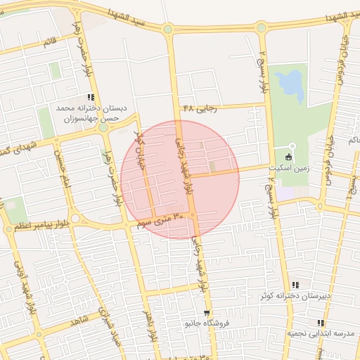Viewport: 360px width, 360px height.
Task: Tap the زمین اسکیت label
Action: pos(288,169)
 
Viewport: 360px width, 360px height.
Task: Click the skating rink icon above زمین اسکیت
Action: pos(288,157)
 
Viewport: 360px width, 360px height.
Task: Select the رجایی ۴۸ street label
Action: pos(198,108)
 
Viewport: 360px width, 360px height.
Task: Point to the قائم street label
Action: pos(49,42)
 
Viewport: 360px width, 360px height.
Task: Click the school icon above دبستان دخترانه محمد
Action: pos(91,97)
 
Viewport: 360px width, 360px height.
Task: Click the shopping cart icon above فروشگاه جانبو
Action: pos(206,313)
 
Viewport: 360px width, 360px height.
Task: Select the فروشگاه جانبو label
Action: pos(207,325)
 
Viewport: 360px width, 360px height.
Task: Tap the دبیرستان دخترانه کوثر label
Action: pos(295,296)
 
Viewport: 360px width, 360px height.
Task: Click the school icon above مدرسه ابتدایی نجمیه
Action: pos(321,322)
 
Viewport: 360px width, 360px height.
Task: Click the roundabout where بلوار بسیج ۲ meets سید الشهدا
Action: pos(261,28)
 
